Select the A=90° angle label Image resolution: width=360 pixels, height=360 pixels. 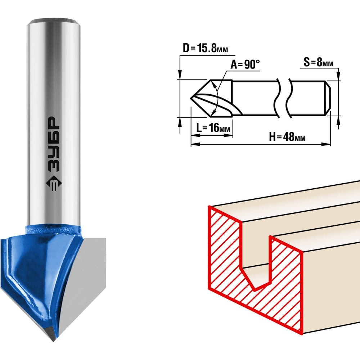245,65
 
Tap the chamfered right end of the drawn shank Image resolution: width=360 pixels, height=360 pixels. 328,98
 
